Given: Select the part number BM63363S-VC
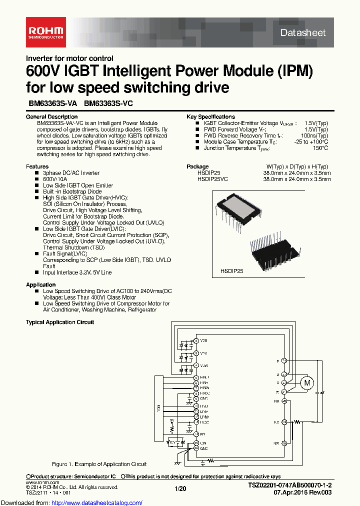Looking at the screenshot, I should click(x=108, y=104).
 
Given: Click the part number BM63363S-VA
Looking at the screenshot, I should click(x=52, y=104).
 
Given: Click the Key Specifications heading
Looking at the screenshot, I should click(x=210, y=116).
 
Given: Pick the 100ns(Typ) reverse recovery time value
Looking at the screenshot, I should click(x=314, y=135).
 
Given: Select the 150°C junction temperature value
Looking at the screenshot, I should click(x=320, y=148).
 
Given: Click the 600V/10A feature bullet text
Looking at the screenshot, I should click(x=55, y=179).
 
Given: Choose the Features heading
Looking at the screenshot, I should click(x=37, y=166).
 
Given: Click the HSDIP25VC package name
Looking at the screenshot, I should click(x=212, y=178).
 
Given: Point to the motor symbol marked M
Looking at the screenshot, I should click(x=307, y=383).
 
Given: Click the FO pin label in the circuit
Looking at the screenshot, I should click(x=202, y=434).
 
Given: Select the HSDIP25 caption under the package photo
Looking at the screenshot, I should click(x=230, y=270).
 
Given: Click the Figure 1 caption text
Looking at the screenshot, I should click(x=99, y=464).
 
